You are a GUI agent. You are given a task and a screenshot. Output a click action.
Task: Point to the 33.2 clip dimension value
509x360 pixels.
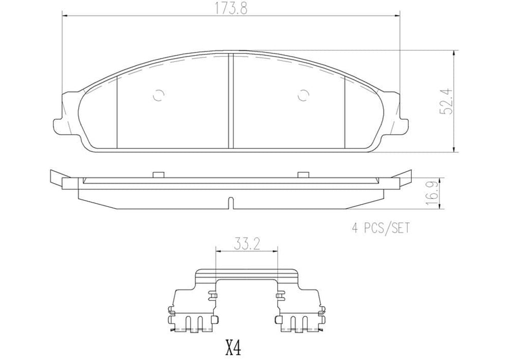pos(247,242)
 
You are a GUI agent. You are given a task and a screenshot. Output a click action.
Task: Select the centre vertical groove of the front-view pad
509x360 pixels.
pos(231,100)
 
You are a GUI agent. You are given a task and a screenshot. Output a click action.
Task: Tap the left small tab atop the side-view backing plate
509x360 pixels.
pos(159,174)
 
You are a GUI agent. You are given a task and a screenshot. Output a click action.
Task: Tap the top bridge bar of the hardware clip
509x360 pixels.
pos(247,274)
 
